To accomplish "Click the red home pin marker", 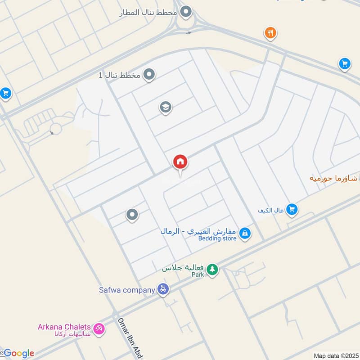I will point(180,162).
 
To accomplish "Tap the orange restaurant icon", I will point(270,32).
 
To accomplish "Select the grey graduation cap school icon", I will point(166,107).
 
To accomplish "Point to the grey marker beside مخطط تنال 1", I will point(149,75).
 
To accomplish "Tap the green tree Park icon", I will point(212,270).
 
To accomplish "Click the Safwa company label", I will point(127,290).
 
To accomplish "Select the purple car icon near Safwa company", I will point(163,289).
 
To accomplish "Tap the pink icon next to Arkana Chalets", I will point(99,330).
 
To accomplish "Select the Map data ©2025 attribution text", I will point(336,355).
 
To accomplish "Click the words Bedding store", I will point(217,238).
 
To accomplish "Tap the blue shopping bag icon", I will point(245,233).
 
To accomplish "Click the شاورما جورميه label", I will point(333,178).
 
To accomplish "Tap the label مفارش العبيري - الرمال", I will point(198,231).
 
